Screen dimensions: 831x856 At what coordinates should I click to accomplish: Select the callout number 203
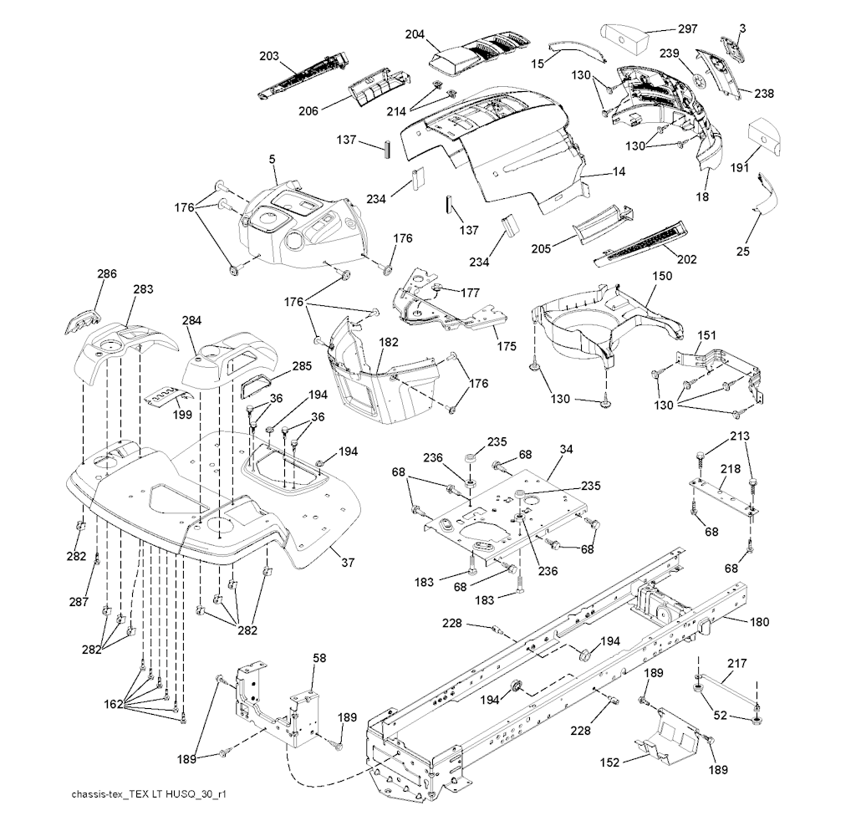pyautogui.click(x=269, y=56)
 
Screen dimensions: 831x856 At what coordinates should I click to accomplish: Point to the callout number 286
pyautogui.click(x=107, y=273)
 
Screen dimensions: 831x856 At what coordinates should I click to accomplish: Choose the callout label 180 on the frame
pyautogui.click(x=760, y=622)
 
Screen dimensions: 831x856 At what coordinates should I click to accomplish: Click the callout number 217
pyautogui.click(x=736, y=664)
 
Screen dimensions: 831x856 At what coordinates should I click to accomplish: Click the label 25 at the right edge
pyautogui.click(x=743, y=251)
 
